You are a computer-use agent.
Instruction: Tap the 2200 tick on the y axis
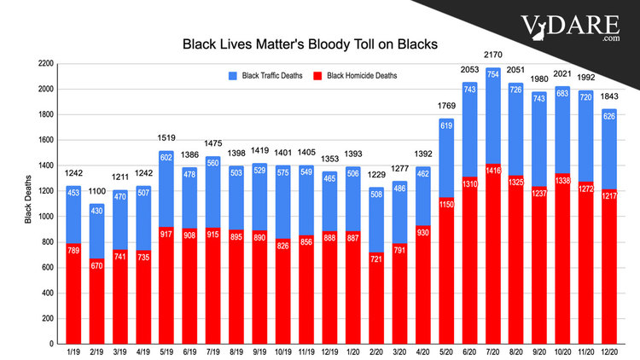[x=45, y=64]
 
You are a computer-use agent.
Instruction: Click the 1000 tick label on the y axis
[x=45, y=216]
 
